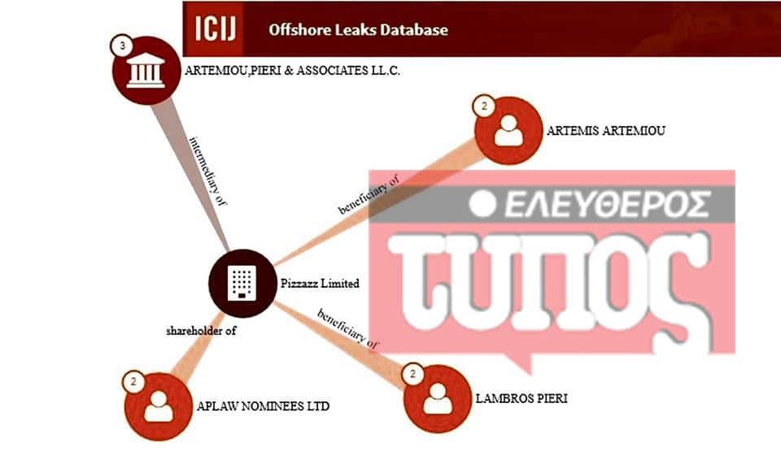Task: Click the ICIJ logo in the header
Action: coord(213,28)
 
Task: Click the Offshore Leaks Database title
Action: coord(358,30)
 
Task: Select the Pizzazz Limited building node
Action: coord(242,283)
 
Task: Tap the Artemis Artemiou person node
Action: coord(508,130)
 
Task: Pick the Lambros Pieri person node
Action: coord(438,398)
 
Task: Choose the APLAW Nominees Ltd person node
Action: coord(159,406)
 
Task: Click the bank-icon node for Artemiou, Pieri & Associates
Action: coord(146,70)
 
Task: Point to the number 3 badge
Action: coord(122,46)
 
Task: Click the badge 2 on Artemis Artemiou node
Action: coord(483,106)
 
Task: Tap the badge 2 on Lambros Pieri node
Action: coord(412,374)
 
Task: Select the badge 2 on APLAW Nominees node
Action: coord(133,382)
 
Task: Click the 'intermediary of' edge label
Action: coord(208,171)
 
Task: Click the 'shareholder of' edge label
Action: coord(201,331)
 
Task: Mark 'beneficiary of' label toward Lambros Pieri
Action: coord(348,328)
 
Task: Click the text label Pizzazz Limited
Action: coord(320,284)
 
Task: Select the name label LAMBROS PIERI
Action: coord(521,398)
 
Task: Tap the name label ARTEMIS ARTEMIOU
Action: coord(605,131)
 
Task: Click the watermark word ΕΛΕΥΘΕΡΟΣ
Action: coord(608,204)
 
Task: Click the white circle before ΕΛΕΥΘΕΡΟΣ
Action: coord(482,203)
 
